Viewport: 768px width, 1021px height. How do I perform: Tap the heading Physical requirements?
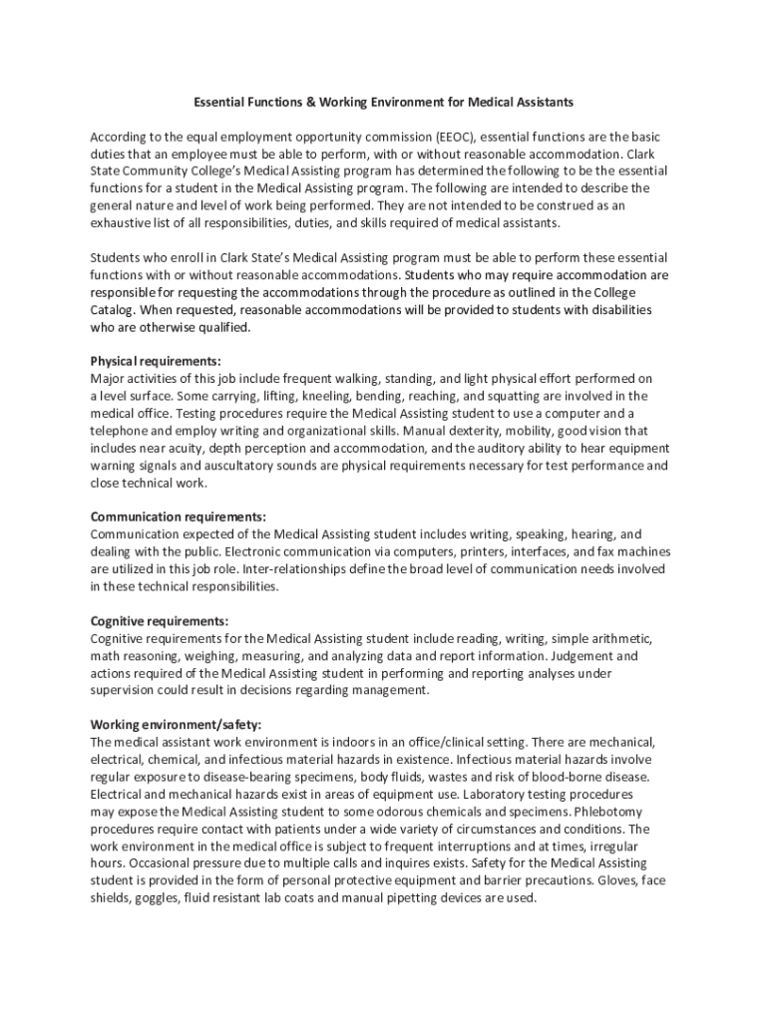156,361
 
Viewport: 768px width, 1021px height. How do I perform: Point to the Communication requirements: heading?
179,516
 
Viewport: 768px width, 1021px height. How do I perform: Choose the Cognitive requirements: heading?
160,620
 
